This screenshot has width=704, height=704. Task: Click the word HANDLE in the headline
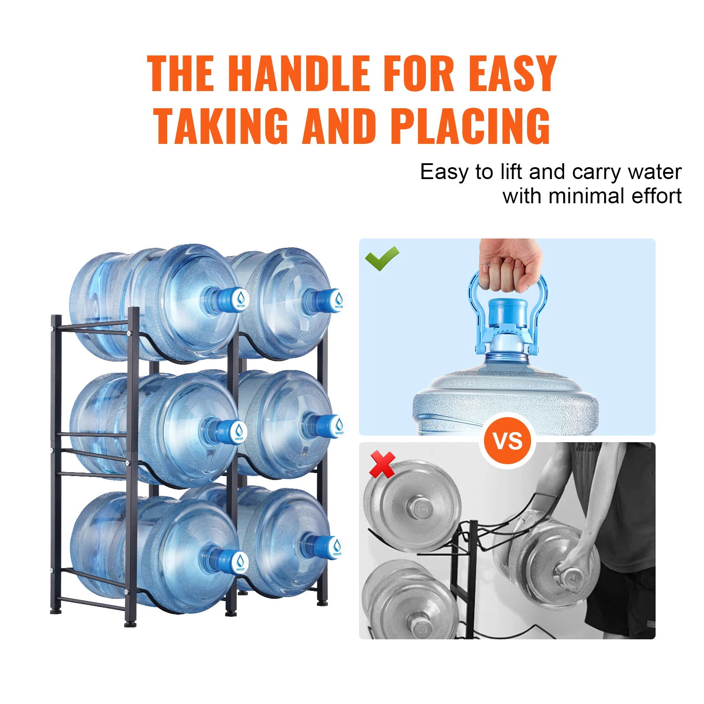click(299, 73)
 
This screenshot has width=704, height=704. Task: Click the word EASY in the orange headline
click(512, 73)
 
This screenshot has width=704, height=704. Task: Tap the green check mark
click(381, 258)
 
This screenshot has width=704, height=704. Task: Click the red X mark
click(382, 464)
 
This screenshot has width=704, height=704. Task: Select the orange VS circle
click(508, 441)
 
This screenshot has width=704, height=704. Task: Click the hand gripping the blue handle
click(510, 264)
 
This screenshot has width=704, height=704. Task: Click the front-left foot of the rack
click(130, 623)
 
